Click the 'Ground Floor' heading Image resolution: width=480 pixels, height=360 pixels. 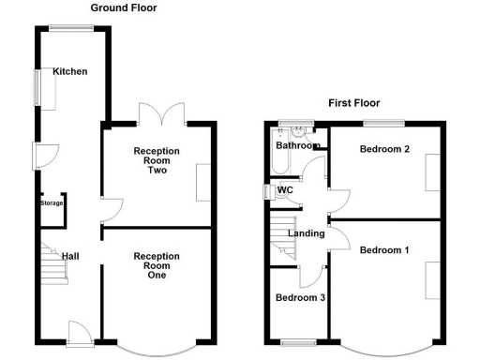[x=124, y=7]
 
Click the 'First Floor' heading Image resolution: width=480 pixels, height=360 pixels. [x=355, y=102]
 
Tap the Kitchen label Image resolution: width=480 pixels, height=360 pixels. [x=70, y=71]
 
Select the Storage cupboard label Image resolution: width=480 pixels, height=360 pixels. [x=52, y=202]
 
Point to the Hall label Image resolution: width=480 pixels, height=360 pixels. [x=71, y=255]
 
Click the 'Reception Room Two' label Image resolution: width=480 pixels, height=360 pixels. [x=157, y=160]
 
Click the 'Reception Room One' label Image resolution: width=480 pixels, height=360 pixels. [x=157, y=265]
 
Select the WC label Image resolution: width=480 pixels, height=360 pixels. [x=286, y=189]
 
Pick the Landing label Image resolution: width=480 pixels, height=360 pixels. [x=307, y=233]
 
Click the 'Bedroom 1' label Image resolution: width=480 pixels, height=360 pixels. [x=384, y=249]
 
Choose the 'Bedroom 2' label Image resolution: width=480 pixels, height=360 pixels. [x=384, y=148]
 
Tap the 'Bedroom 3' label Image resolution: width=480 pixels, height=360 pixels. [x=299, y=298]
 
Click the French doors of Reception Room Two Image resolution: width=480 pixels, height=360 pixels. [x=161, y=113]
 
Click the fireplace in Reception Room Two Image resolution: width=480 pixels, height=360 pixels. [x=203, y=182]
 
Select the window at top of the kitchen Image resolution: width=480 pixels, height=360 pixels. [x=71, y=28]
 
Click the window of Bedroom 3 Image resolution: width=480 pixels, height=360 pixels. [x=299, y=341]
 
